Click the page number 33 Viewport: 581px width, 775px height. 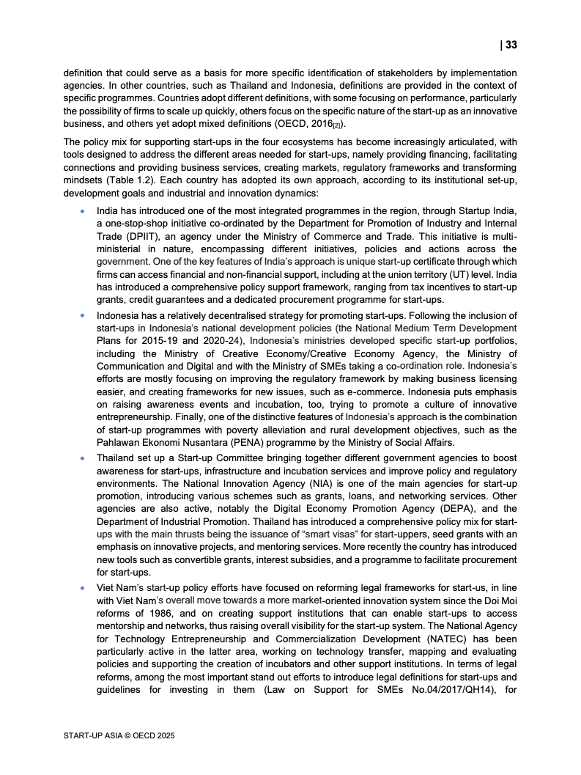tap(511, 45)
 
